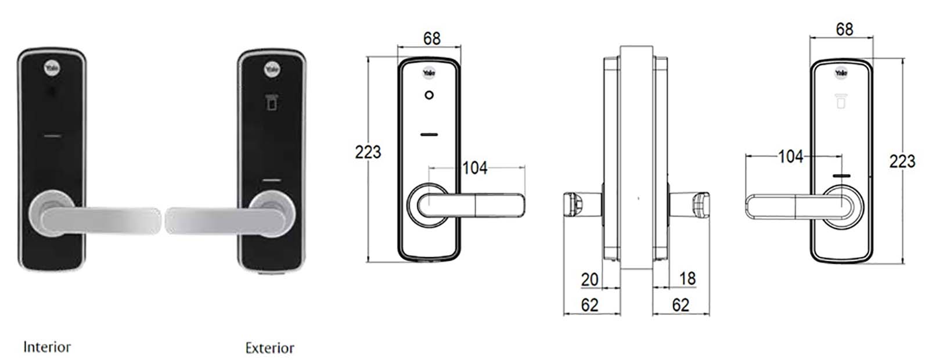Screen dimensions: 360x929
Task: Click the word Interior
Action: point(46,347)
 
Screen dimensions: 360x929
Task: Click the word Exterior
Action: point(269,348)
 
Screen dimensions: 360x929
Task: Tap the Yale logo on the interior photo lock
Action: point(51,69)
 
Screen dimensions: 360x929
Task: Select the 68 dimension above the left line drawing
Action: point(431,38)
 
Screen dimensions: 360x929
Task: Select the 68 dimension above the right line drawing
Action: point(844,29)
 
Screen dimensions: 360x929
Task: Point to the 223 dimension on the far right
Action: point(902,161)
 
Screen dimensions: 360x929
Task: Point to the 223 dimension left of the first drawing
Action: point(368,152)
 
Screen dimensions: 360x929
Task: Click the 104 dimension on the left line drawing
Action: point(474,168)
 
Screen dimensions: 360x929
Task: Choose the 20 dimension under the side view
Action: point(589,279)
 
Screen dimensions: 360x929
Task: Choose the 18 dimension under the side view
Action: point(687,278)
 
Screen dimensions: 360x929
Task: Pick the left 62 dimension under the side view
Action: point(589,305)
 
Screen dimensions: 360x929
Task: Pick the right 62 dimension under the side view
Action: point(680,304)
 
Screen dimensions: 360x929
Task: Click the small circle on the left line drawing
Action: point(429,95)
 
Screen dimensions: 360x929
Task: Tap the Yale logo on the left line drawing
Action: point(429,73)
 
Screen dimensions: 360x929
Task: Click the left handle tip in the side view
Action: point(572,206)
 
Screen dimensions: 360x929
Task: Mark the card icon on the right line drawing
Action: point(840,102)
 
